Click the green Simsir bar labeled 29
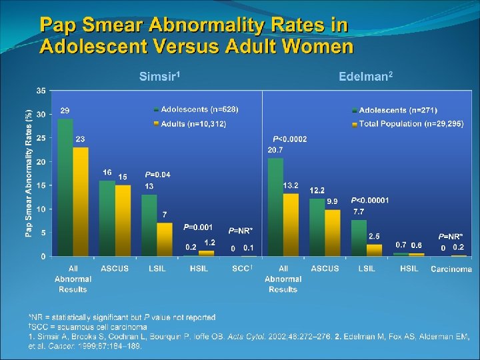coord(65,187)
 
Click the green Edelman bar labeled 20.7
coord(275,207)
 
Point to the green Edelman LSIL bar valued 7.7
coord(359,238)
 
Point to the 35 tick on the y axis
coord(41,91)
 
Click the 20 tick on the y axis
coord(41,162)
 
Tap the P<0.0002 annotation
coord(289,139)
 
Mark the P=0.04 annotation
coord(157,175)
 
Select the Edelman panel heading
coord(365,77)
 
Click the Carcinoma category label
coord(451,269)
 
